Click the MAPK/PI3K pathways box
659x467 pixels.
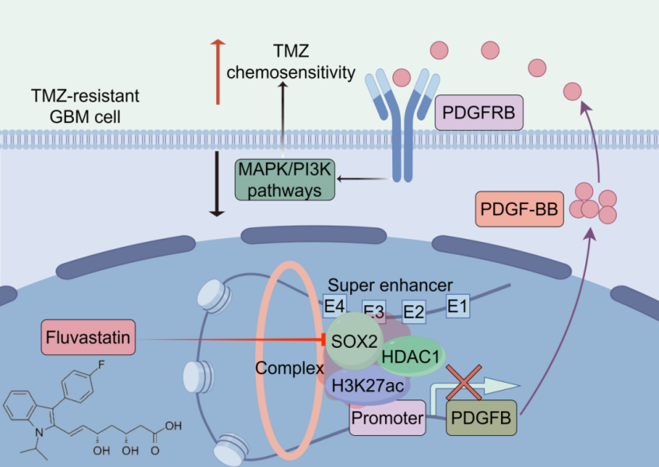tap(284, 179)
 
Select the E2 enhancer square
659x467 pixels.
tap(414, 311)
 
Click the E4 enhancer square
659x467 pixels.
tap(333, 305)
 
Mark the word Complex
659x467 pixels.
tap(287, 369)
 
